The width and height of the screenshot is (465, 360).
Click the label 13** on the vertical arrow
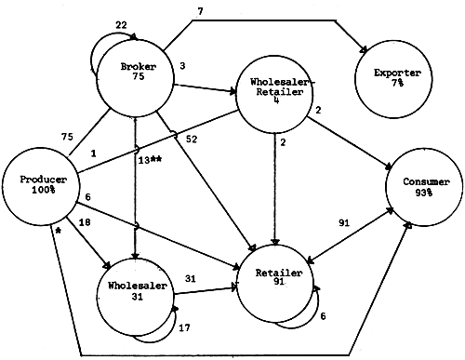pyautogui.click(x=150, y=161)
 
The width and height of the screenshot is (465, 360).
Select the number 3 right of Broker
pyautogui.click(x=184, y=66)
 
